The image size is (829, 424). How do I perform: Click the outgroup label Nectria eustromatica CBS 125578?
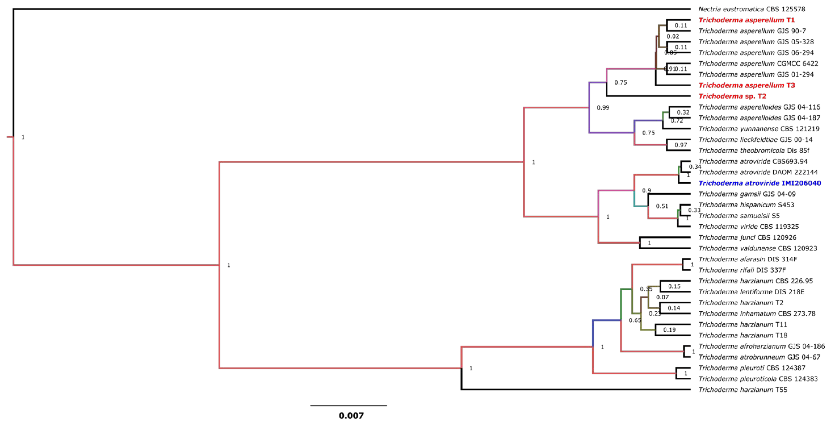point(752,9)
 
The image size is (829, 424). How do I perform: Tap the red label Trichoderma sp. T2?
point(732,96)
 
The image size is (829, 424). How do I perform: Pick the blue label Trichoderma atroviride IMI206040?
point(759,183)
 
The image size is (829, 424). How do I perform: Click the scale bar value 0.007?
point(351,416)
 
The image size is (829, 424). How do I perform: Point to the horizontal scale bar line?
point(349,406)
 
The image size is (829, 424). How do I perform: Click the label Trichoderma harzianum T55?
point(743,390)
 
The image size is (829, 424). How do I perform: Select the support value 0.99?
point(603,108)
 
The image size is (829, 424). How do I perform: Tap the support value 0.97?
point(681,145)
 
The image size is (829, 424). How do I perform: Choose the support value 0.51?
point(662,206)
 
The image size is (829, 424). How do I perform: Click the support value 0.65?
point(635,320)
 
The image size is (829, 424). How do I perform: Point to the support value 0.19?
point(670,330)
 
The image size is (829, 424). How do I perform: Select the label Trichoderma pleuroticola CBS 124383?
point(758,379)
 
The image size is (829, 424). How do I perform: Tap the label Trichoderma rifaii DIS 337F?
point(742,270)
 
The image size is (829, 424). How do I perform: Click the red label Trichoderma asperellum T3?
point(747,85)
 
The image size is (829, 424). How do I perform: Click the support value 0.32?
point(683,112)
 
